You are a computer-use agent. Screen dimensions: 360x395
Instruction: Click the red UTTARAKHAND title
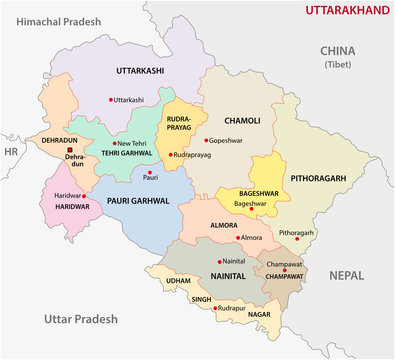[336, 13]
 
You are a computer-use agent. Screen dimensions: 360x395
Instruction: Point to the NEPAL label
[350, 273]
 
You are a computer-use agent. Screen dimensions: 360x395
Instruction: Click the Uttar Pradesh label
[81, 318]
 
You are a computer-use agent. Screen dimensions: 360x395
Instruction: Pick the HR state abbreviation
[11, 152]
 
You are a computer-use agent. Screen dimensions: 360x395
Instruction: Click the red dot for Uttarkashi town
[109, 99]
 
